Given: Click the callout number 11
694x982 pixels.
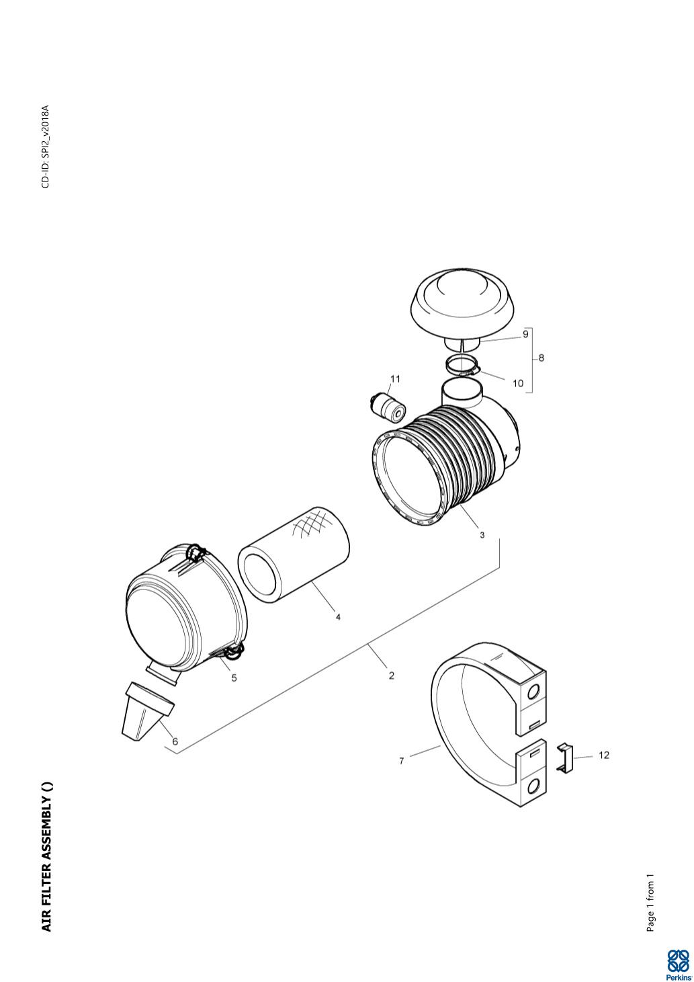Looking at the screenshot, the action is (x=395, y=379).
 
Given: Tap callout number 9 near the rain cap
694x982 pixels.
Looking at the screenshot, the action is (x=525, y=334).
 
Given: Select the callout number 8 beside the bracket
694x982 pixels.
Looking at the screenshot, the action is (x=541, y=358).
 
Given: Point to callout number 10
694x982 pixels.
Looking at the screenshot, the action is (x=518, y=383).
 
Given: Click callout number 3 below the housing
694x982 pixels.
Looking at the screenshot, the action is (x=482, y=535).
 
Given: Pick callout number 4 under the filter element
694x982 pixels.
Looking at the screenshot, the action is (x=338, y=617).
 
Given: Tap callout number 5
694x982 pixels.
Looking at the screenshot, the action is (x=234, y=678).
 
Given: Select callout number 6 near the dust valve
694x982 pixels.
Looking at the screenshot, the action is (x=175, y=741).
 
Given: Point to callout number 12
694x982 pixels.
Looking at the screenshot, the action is (x=604, y=755).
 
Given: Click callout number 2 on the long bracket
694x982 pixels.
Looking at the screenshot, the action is (x=391, y=676).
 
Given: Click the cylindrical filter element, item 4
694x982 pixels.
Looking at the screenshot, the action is (x=294, y=555).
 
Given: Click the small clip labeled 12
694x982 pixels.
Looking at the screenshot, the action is (x=565, y=756).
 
